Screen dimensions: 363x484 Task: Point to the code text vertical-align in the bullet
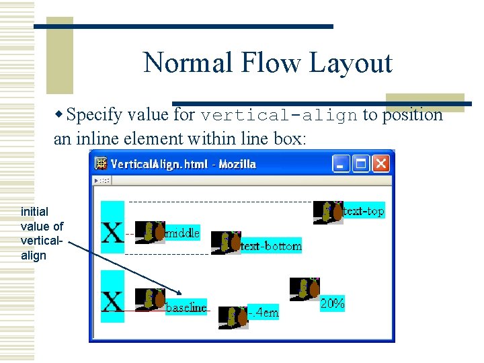pos(278,115)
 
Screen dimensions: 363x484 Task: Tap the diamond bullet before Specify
pos(60,115)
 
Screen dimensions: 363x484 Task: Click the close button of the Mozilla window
pos(380,163)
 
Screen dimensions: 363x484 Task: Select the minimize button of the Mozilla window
pos(341,163)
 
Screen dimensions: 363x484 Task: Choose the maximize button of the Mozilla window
pos(361,163)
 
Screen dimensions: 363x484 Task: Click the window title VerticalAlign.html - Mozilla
pos(183,164)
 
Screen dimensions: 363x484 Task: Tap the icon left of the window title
pos(101,163)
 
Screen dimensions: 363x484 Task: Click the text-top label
pos(364,211)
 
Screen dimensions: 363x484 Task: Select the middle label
pos(182,233)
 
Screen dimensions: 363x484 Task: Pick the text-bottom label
pos(271,246)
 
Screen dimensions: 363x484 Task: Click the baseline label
pos(186,307)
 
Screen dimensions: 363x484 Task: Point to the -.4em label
pos(263,313)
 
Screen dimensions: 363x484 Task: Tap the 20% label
pos(332,304)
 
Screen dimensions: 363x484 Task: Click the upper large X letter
pos(112,233)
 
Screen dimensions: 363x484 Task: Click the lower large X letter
pos(112,302)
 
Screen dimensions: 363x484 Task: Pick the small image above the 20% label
pos(305,289)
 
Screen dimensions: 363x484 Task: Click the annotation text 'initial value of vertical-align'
pos(42,233)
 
